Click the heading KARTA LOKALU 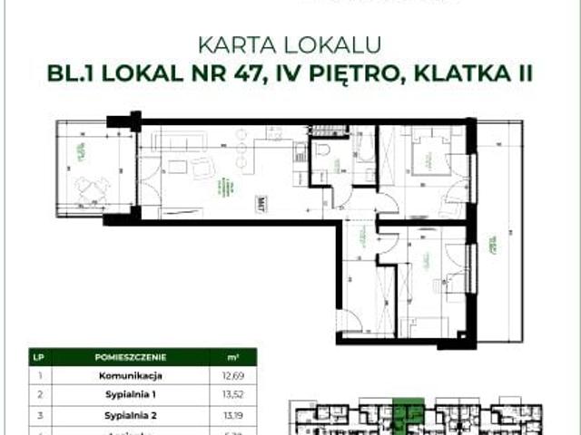pos(290,43)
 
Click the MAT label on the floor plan pos(261,201)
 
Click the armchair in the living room pos(202,166)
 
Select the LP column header pos(36,356)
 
